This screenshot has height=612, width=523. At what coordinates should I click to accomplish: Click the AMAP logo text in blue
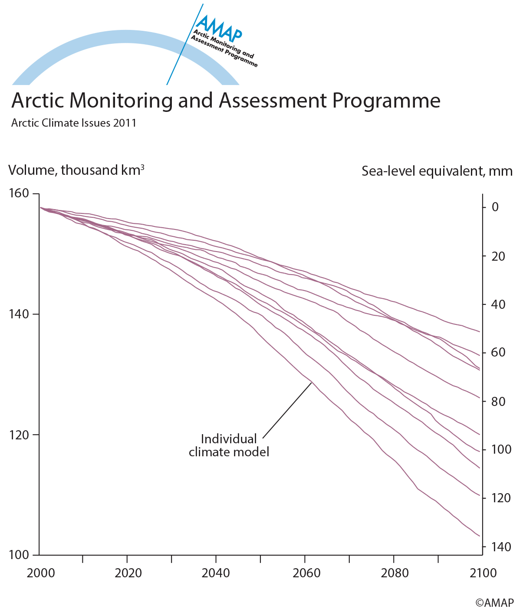click(x=218, y=28)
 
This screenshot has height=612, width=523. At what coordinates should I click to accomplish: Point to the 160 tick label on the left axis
click(x=18, y=193)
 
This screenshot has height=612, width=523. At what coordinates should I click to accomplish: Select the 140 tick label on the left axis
click(x=18, y=314)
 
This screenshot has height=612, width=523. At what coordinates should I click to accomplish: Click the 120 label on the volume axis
click(x=18, y=435)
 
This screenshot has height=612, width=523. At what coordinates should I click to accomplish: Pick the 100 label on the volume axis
click(x=18, y=555)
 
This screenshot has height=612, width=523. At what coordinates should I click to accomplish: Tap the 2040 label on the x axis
click(x=216, y=573)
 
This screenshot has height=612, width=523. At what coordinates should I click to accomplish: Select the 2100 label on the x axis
click(x=483, y=573)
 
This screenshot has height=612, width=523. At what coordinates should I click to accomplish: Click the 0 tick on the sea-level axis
click(x=495, y=207)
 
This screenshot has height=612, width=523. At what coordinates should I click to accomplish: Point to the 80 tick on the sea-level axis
click(x=498, y=401)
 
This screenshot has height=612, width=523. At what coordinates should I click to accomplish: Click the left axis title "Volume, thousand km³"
click(x=76, y=170)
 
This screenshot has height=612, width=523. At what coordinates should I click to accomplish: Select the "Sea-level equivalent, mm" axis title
click(x=437, y=171)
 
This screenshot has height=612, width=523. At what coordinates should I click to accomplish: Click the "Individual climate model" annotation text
click(x=229, y=445)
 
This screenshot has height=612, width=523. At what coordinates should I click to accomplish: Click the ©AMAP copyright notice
click(x=494, y=602)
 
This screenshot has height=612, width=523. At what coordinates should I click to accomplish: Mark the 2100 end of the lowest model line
click(x=479, y=536)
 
